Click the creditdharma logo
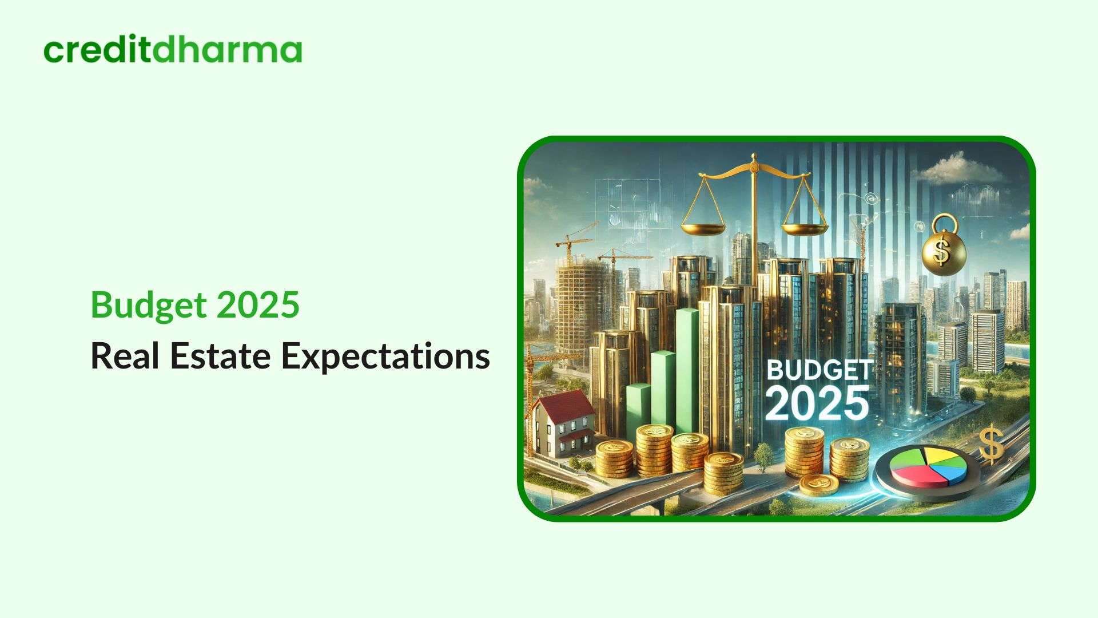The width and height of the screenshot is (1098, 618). point(173,50)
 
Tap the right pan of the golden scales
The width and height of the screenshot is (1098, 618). point(804,229)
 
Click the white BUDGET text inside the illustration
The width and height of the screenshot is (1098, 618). point(819,371)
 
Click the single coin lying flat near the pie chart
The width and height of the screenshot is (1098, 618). point(818,485)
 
